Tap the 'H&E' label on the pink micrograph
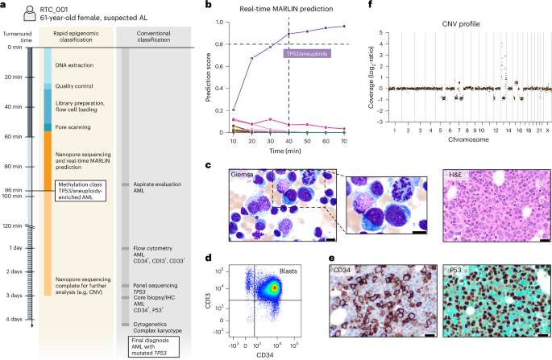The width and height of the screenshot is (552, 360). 455,172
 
